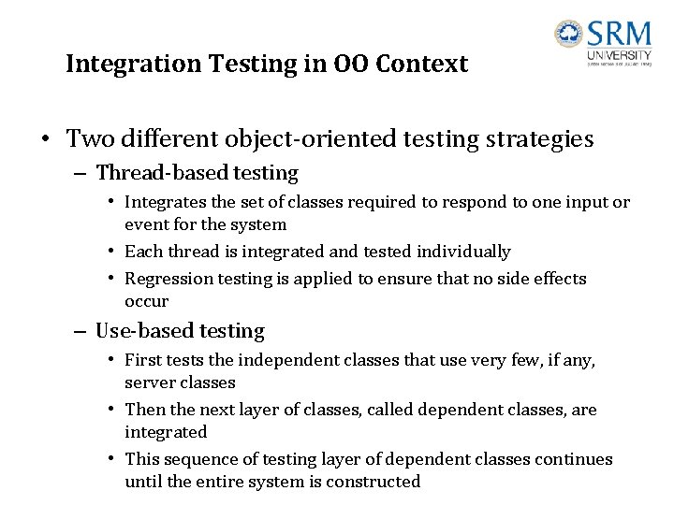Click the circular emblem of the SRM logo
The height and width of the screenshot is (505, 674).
pos(568,35)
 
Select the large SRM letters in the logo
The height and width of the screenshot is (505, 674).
pos(619,35)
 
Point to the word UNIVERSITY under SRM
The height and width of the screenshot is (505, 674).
pos(619,56)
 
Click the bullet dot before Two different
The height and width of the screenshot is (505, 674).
pos(45,140)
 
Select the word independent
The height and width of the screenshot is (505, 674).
pos(280,360)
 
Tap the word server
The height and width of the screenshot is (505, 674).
pos(149,382)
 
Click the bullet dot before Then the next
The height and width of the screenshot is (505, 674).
pos(111,411)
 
